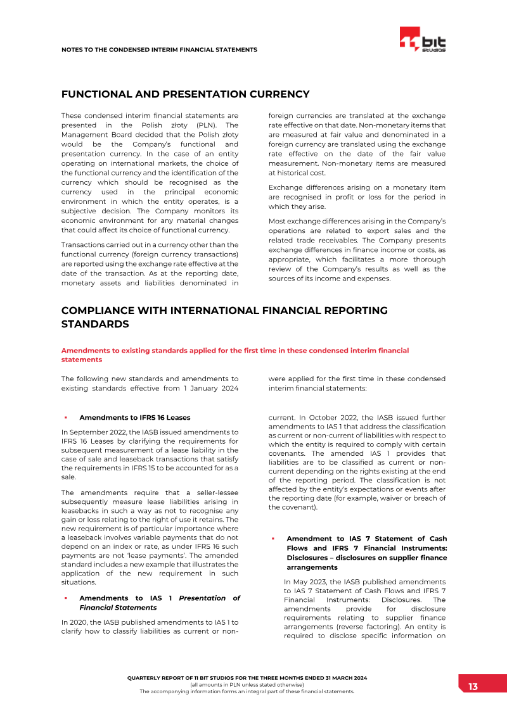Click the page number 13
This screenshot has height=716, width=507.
tap(473, 687)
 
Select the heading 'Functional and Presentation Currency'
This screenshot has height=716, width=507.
tap(185, 94)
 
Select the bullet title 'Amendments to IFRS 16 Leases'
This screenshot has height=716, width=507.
tap(134, 417)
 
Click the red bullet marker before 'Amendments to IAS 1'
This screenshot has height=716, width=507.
tap(65, 598)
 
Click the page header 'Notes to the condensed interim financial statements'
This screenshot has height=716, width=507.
tap(159, 49)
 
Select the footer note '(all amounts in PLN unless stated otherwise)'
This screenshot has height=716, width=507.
tap(247, 684)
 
